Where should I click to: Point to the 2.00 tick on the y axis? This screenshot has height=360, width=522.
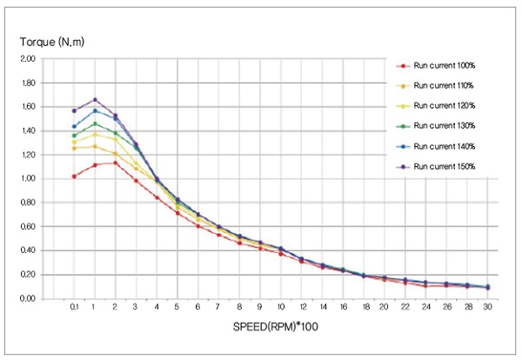pyautogui.click(x=28, y=59)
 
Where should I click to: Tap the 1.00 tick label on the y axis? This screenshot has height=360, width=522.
pyautogui.click(x=28, y=179)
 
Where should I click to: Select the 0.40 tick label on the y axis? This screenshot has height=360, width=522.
pyautogui.click(x=28, y=250)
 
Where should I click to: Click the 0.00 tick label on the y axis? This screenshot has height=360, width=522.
pyautogui.click(x=28, y=298)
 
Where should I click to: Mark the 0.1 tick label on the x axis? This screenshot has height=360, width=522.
pyautogui.click(x=74, y=307)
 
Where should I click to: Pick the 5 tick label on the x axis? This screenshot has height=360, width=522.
pyautogui.click(x=177, y=307)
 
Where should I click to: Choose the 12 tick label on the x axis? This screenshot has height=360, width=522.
pyautogui.click(x=301, y=307)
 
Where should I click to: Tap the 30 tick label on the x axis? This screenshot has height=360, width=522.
pyautogui.click(x=487, y=307)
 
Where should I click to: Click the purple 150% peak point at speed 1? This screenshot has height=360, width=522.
pyautogui.click(x=95, y=99)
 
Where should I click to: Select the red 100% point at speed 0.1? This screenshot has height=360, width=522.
pyautogui.click(x=74, y=176)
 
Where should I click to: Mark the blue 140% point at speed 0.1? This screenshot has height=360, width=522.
pyautogui.click(x=74, y=126)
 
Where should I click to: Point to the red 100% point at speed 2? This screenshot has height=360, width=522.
pyautogui.click(x=116, y=163)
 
